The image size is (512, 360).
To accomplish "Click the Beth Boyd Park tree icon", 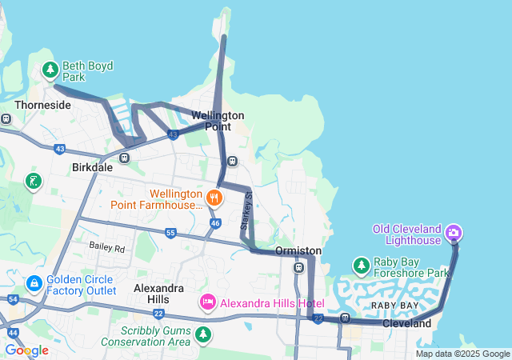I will (x=50, y=70).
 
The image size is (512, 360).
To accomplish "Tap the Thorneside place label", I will (x=42, y=105).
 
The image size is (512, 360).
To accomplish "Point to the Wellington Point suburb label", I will (x=218, y=121).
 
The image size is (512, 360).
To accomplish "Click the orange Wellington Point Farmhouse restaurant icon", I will (x=214, y=197).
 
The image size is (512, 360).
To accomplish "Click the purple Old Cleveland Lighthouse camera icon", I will (x=454, y=234).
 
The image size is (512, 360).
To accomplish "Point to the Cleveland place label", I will (x=406, y=323).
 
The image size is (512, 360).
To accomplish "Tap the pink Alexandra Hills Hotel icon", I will (x=207, y=302).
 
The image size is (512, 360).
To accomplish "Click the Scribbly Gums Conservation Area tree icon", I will (x=204, y=334).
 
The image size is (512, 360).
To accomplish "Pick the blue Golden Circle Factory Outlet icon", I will (x=34, y=284).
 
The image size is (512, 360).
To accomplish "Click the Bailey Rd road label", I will (x=107, y=248).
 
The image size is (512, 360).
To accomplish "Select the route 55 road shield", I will (x=170, y=233).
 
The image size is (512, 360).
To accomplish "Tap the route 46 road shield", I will (x=214, y=223).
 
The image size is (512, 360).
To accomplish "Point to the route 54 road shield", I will (x=13, y=298).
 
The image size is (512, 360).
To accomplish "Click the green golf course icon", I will (x=33, y=181).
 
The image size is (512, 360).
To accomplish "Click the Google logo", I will (x=26, y=350).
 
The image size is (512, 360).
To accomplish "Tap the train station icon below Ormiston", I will (x=298, y=267).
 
